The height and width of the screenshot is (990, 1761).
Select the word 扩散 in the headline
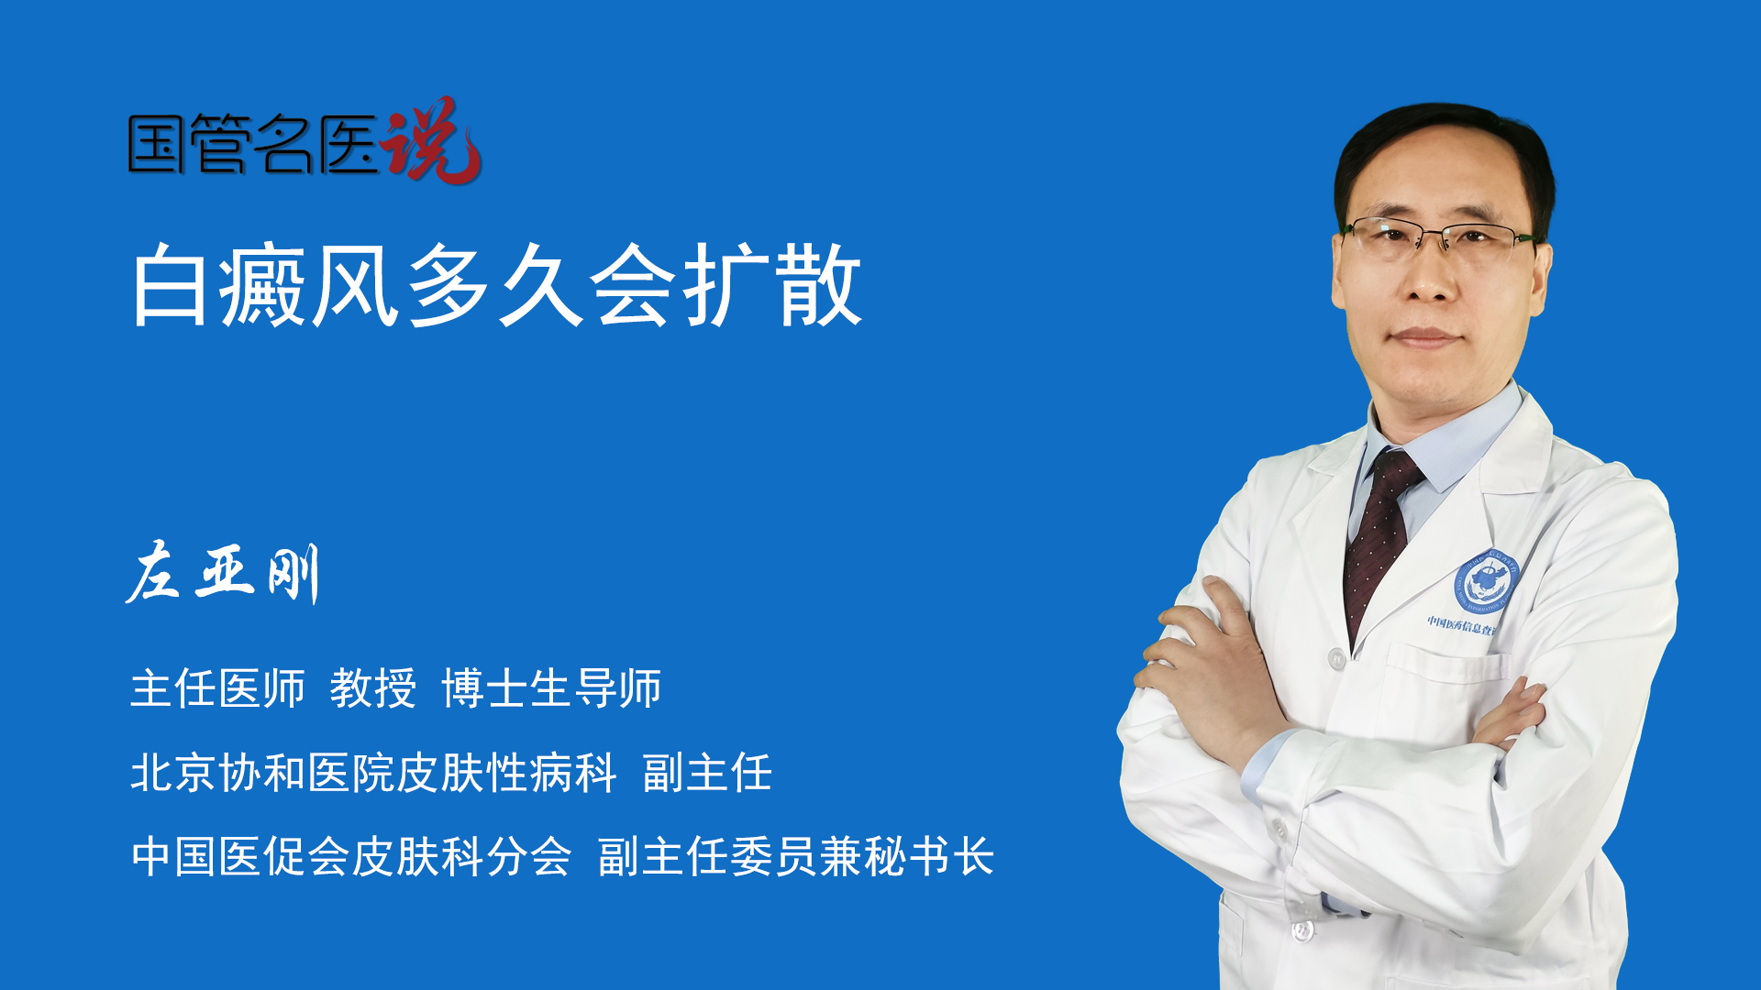pos(772,285)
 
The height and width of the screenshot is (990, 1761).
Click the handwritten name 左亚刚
pos(223,572)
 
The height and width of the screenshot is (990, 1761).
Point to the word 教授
pos(373,688)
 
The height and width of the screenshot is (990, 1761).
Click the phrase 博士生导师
pos(551,688)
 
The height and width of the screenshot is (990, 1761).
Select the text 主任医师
pos(217,688)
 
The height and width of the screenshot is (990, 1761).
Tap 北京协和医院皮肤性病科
pos(373,773)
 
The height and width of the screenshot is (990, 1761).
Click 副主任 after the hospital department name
pos(707,773)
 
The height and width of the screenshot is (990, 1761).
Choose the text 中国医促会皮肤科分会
pos(351,857)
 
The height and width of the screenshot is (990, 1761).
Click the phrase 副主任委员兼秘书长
pos(796,857)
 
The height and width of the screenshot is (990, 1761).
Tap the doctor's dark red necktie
pos(1380,541)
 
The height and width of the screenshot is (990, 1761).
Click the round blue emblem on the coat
pos(1487,583)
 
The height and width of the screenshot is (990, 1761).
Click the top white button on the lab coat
pos(1336,658)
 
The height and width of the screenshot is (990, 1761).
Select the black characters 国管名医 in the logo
pos(253,144)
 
